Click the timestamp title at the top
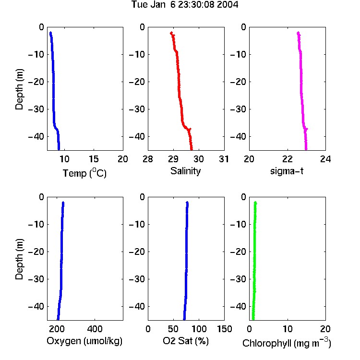pos(185,5)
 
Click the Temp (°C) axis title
pos(84,173)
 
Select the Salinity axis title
pos(185,171)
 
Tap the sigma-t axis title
pos(287,171)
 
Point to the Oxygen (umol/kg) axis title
pos(84,341)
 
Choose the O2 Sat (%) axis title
pos(186,341)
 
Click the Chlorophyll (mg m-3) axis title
pos(287,343)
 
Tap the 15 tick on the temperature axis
pos(94,159)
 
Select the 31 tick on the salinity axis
pos(224,159)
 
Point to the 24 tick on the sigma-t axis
pos(325,159)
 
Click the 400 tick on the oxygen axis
pos(95,329)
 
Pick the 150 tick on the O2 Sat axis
pos(225,329)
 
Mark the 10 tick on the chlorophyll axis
pos(288,329)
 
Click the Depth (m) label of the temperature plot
pos(19,89)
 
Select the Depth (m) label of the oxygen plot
pos(19,259)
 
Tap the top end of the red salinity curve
pos(171,33)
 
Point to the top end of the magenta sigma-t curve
pos(298,33)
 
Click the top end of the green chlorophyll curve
pos(255,203)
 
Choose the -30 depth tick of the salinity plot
pos(137,109)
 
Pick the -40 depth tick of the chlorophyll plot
pos(238,306)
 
